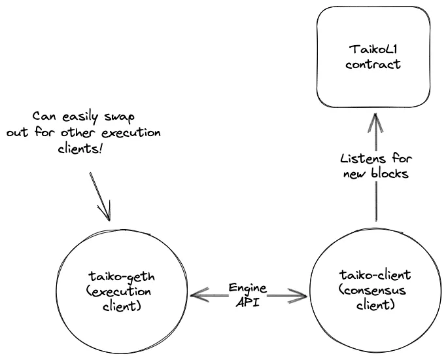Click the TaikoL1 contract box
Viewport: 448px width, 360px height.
pos(374,58)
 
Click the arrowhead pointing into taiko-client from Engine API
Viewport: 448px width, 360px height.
pos(301,297)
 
